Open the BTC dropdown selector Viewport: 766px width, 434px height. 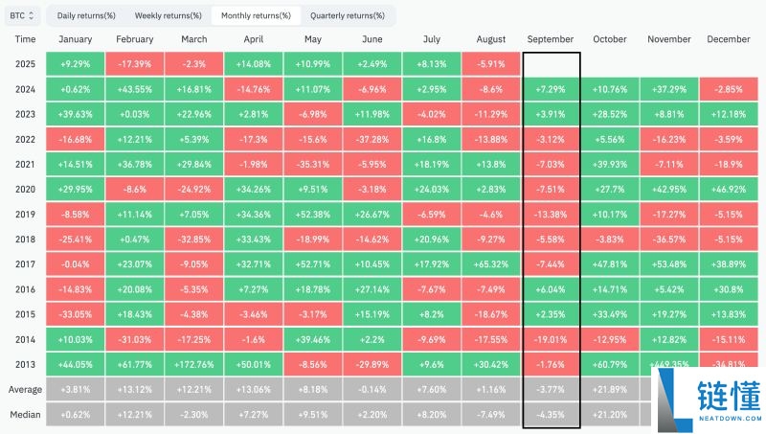[x=22, y=15]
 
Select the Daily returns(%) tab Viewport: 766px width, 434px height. [x=85, y=15]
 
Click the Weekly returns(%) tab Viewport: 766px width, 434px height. [x=168, y=15]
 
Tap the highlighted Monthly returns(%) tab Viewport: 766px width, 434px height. [x=256, y=15]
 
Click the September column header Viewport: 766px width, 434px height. [x=552, y=39]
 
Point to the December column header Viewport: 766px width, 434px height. [x=730, y=39]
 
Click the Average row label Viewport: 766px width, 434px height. [x=26, y=390]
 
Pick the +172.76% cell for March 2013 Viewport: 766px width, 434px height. [x=193, y=364]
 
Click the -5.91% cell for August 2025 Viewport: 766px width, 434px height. [x=490, y=64]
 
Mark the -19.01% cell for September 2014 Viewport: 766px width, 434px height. [x=552, y=338]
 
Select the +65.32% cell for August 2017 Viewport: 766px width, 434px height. [x=490, y=263]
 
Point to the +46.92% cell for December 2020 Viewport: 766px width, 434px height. [x=730, y=189]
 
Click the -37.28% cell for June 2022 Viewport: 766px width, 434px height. [x=372, y=139]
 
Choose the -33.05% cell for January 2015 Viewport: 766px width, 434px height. [x=76, y=313]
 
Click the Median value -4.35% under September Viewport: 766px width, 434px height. [x=552, y=414]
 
